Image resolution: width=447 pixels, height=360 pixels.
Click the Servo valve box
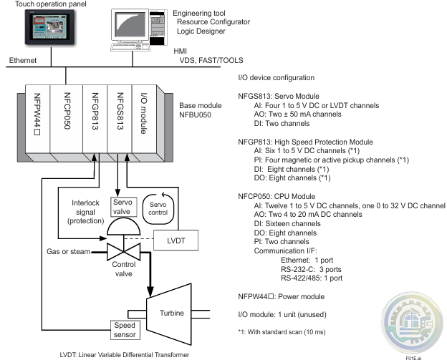coord(120,208)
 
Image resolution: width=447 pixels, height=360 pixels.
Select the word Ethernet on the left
coord(19,62)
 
